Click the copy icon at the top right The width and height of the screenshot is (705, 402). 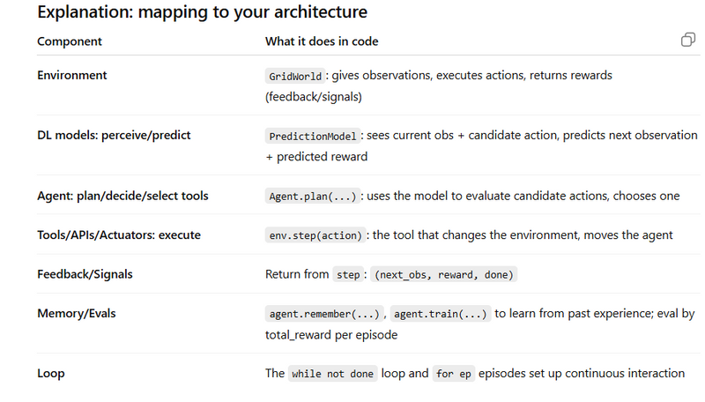pos(688,40)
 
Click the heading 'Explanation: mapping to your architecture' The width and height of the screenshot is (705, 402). pos(203,12)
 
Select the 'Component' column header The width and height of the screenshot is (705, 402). pos(70,41)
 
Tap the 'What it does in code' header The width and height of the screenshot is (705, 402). pos(322,41)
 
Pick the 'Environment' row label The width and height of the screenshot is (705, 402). pos(72,75)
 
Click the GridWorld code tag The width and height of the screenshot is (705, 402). pos(295,76)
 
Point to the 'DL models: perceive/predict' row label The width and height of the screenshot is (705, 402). pos(114,136)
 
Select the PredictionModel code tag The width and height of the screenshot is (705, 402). pos(313,136)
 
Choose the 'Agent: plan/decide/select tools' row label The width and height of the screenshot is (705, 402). pos(122,196)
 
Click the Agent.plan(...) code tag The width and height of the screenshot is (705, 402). pos(313,196)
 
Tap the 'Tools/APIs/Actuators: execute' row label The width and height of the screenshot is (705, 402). pos(119,235)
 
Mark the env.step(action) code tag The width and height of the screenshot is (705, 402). pos(315,235)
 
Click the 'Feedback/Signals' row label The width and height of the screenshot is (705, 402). pos(85,274)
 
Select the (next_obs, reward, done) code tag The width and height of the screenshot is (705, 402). pos(444,274)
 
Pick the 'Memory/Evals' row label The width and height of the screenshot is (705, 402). pos(77,314)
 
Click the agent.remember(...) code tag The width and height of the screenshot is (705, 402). pos(324,314)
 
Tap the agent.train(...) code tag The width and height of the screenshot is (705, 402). pos(440,314)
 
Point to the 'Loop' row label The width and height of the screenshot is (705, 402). pos(51,374)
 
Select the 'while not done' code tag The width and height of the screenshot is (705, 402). pos(332,374)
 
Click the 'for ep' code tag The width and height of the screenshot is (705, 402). pos(453,374)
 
